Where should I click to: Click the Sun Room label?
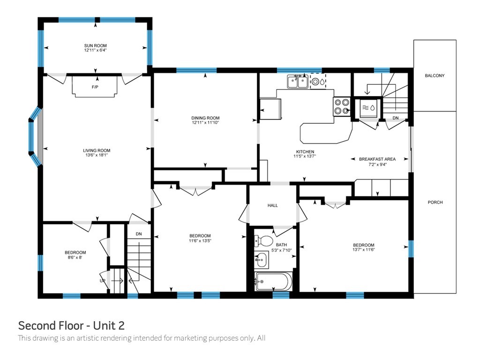click(96, 45)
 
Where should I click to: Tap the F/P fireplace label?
click(95, 87)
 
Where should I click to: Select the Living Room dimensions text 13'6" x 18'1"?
click(97, 155)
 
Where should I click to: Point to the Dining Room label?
click(205, 118)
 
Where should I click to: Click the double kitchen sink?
click(298, 82)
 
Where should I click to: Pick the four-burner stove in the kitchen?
click(342, 106)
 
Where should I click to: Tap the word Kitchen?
click(305, 151)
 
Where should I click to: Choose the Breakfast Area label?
click(377, 159)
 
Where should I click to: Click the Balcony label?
click(435, 75)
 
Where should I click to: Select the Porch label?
click(435, 202)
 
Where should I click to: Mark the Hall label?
click(272, 205)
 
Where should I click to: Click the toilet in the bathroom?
click(263, 240)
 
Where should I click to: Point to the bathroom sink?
click(261, 260)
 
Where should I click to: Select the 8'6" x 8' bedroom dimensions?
click(75, 257)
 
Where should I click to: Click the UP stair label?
click(102, 281)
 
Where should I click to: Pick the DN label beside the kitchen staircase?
click(396, 118)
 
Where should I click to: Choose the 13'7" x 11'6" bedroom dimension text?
click(364, 249)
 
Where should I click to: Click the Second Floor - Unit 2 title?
click(71, 325)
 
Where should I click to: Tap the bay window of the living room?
click(35, 136)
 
